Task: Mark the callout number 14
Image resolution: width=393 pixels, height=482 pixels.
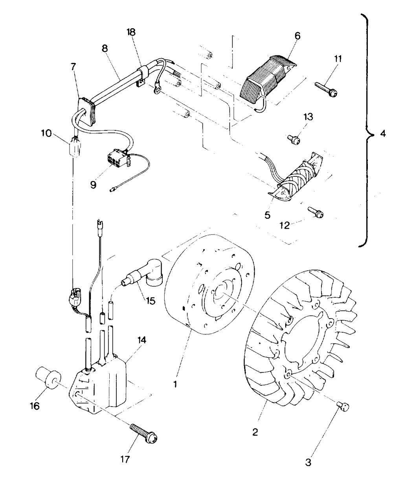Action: (x=142, y=340)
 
